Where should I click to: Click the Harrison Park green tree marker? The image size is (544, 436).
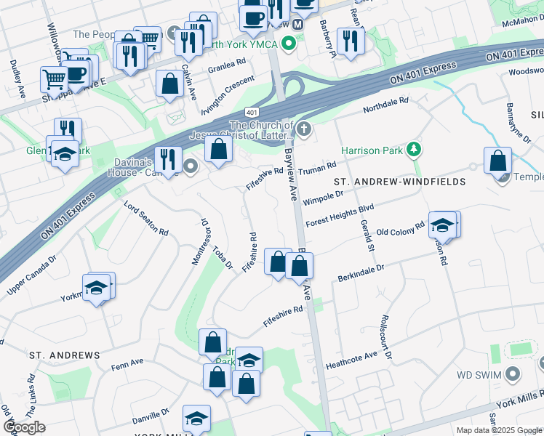[x=415, y=149]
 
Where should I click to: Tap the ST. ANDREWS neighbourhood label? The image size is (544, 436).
[x=64, y=355]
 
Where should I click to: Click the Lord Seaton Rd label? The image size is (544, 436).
[x=146, y=218]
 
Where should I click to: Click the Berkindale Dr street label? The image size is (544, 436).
[x=361, y=273]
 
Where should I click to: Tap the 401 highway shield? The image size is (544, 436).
[x=252, y=112]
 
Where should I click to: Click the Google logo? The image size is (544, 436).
[x=24, y=427]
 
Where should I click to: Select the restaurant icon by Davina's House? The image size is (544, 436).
[x=168, y=159]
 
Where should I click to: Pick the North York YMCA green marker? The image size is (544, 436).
[x=289, y=44]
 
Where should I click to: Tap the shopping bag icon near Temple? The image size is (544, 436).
[x=497, y=161]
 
